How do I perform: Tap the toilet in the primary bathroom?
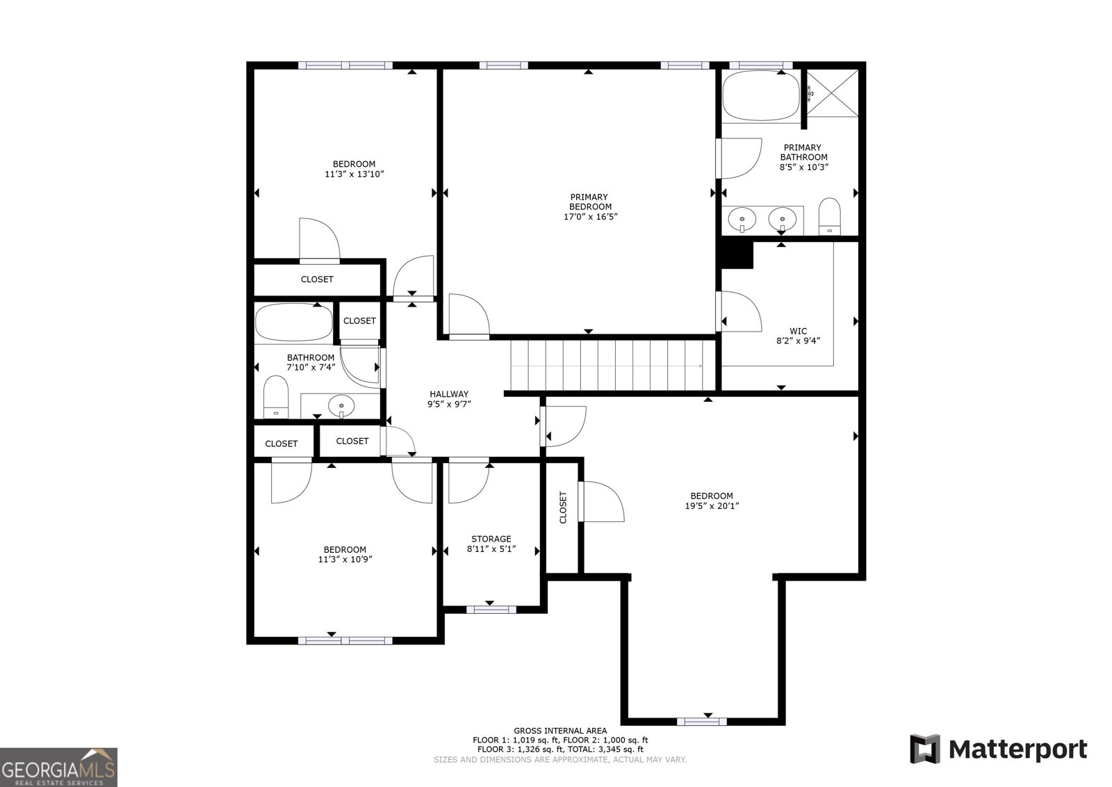(x=829, y=216)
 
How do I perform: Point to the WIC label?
(x=798, y=331)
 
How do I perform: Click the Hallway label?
(x=449, y=394)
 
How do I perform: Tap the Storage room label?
(x=491, y=539)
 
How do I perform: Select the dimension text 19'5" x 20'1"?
(x=712, y=506)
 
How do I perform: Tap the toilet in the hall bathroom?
(x=276, y=397)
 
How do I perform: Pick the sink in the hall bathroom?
(x=341, y=405)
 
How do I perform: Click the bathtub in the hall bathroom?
(x=293, y=323)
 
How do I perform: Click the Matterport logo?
(x=998, y=749)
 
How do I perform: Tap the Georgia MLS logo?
(x=58, y=767)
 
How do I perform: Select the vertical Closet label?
(x=563, y=508)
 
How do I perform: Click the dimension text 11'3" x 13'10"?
(x=354, y=174)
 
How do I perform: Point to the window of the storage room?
(x=491, y=610)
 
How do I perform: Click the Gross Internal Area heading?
(x=560, y=731)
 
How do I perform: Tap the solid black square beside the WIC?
(x=736, y=254)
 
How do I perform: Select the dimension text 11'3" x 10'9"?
(x=344, y=559)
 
